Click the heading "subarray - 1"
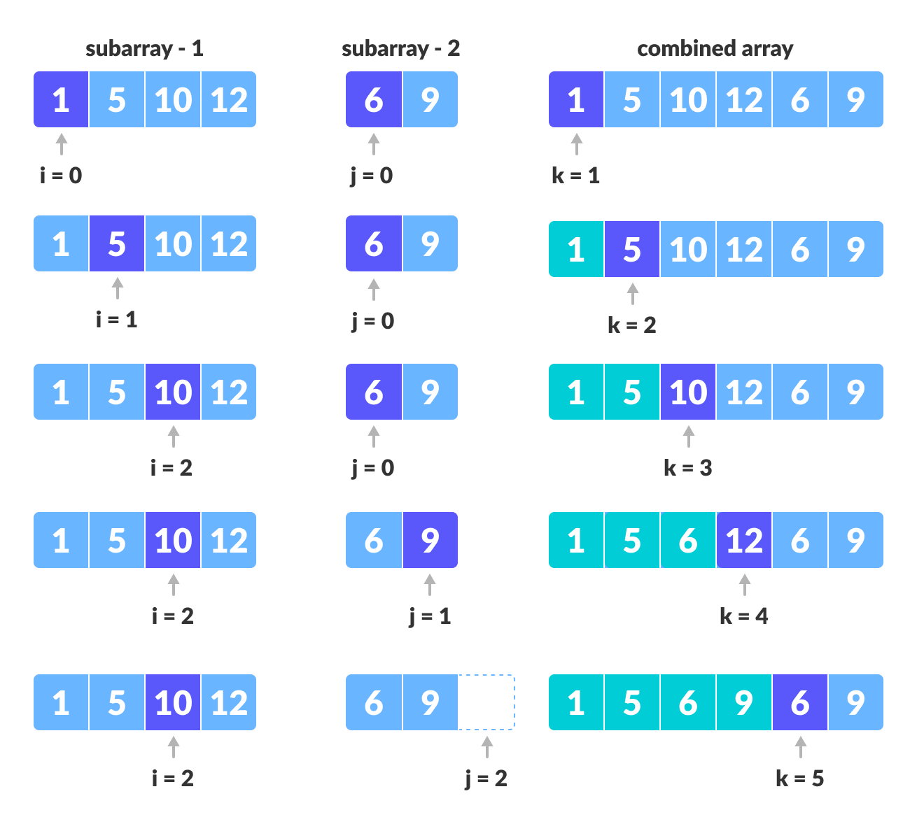(x=144, y=48)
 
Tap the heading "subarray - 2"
(x=400, y=48)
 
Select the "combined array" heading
(x=715, y=48)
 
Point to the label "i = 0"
(x=61, y=175)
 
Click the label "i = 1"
(x=117, y=320)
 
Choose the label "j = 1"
(x=430, y=616)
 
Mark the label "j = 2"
(x=486, y=779)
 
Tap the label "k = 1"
(x=575, y=175)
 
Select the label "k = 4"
(x=743, y=616)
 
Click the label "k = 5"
(x=799, y=779)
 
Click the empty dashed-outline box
(x=486, y=702)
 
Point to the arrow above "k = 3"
(x=688, y=436)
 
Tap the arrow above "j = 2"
(x=486, y=746)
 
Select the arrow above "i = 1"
(x=117, y=287)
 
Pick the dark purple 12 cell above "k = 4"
(x=744, y=540)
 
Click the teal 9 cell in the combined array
(x=744, y=702)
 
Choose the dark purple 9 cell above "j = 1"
(x=430, y=540)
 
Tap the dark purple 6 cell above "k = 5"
(x=800, y=702)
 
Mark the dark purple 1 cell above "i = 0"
(x=61, y=99)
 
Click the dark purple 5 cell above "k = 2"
(x=632, y=249)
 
